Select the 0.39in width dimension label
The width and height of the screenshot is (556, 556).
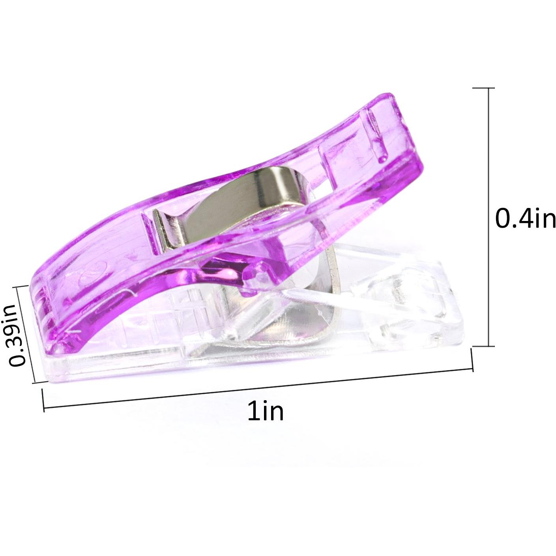17,335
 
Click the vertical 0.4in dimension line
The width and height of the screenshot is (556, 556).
489,217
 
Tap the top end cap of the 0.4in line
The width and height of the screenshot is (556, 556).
483,88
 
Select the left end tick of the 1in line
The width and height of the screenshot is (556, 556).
43,400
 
